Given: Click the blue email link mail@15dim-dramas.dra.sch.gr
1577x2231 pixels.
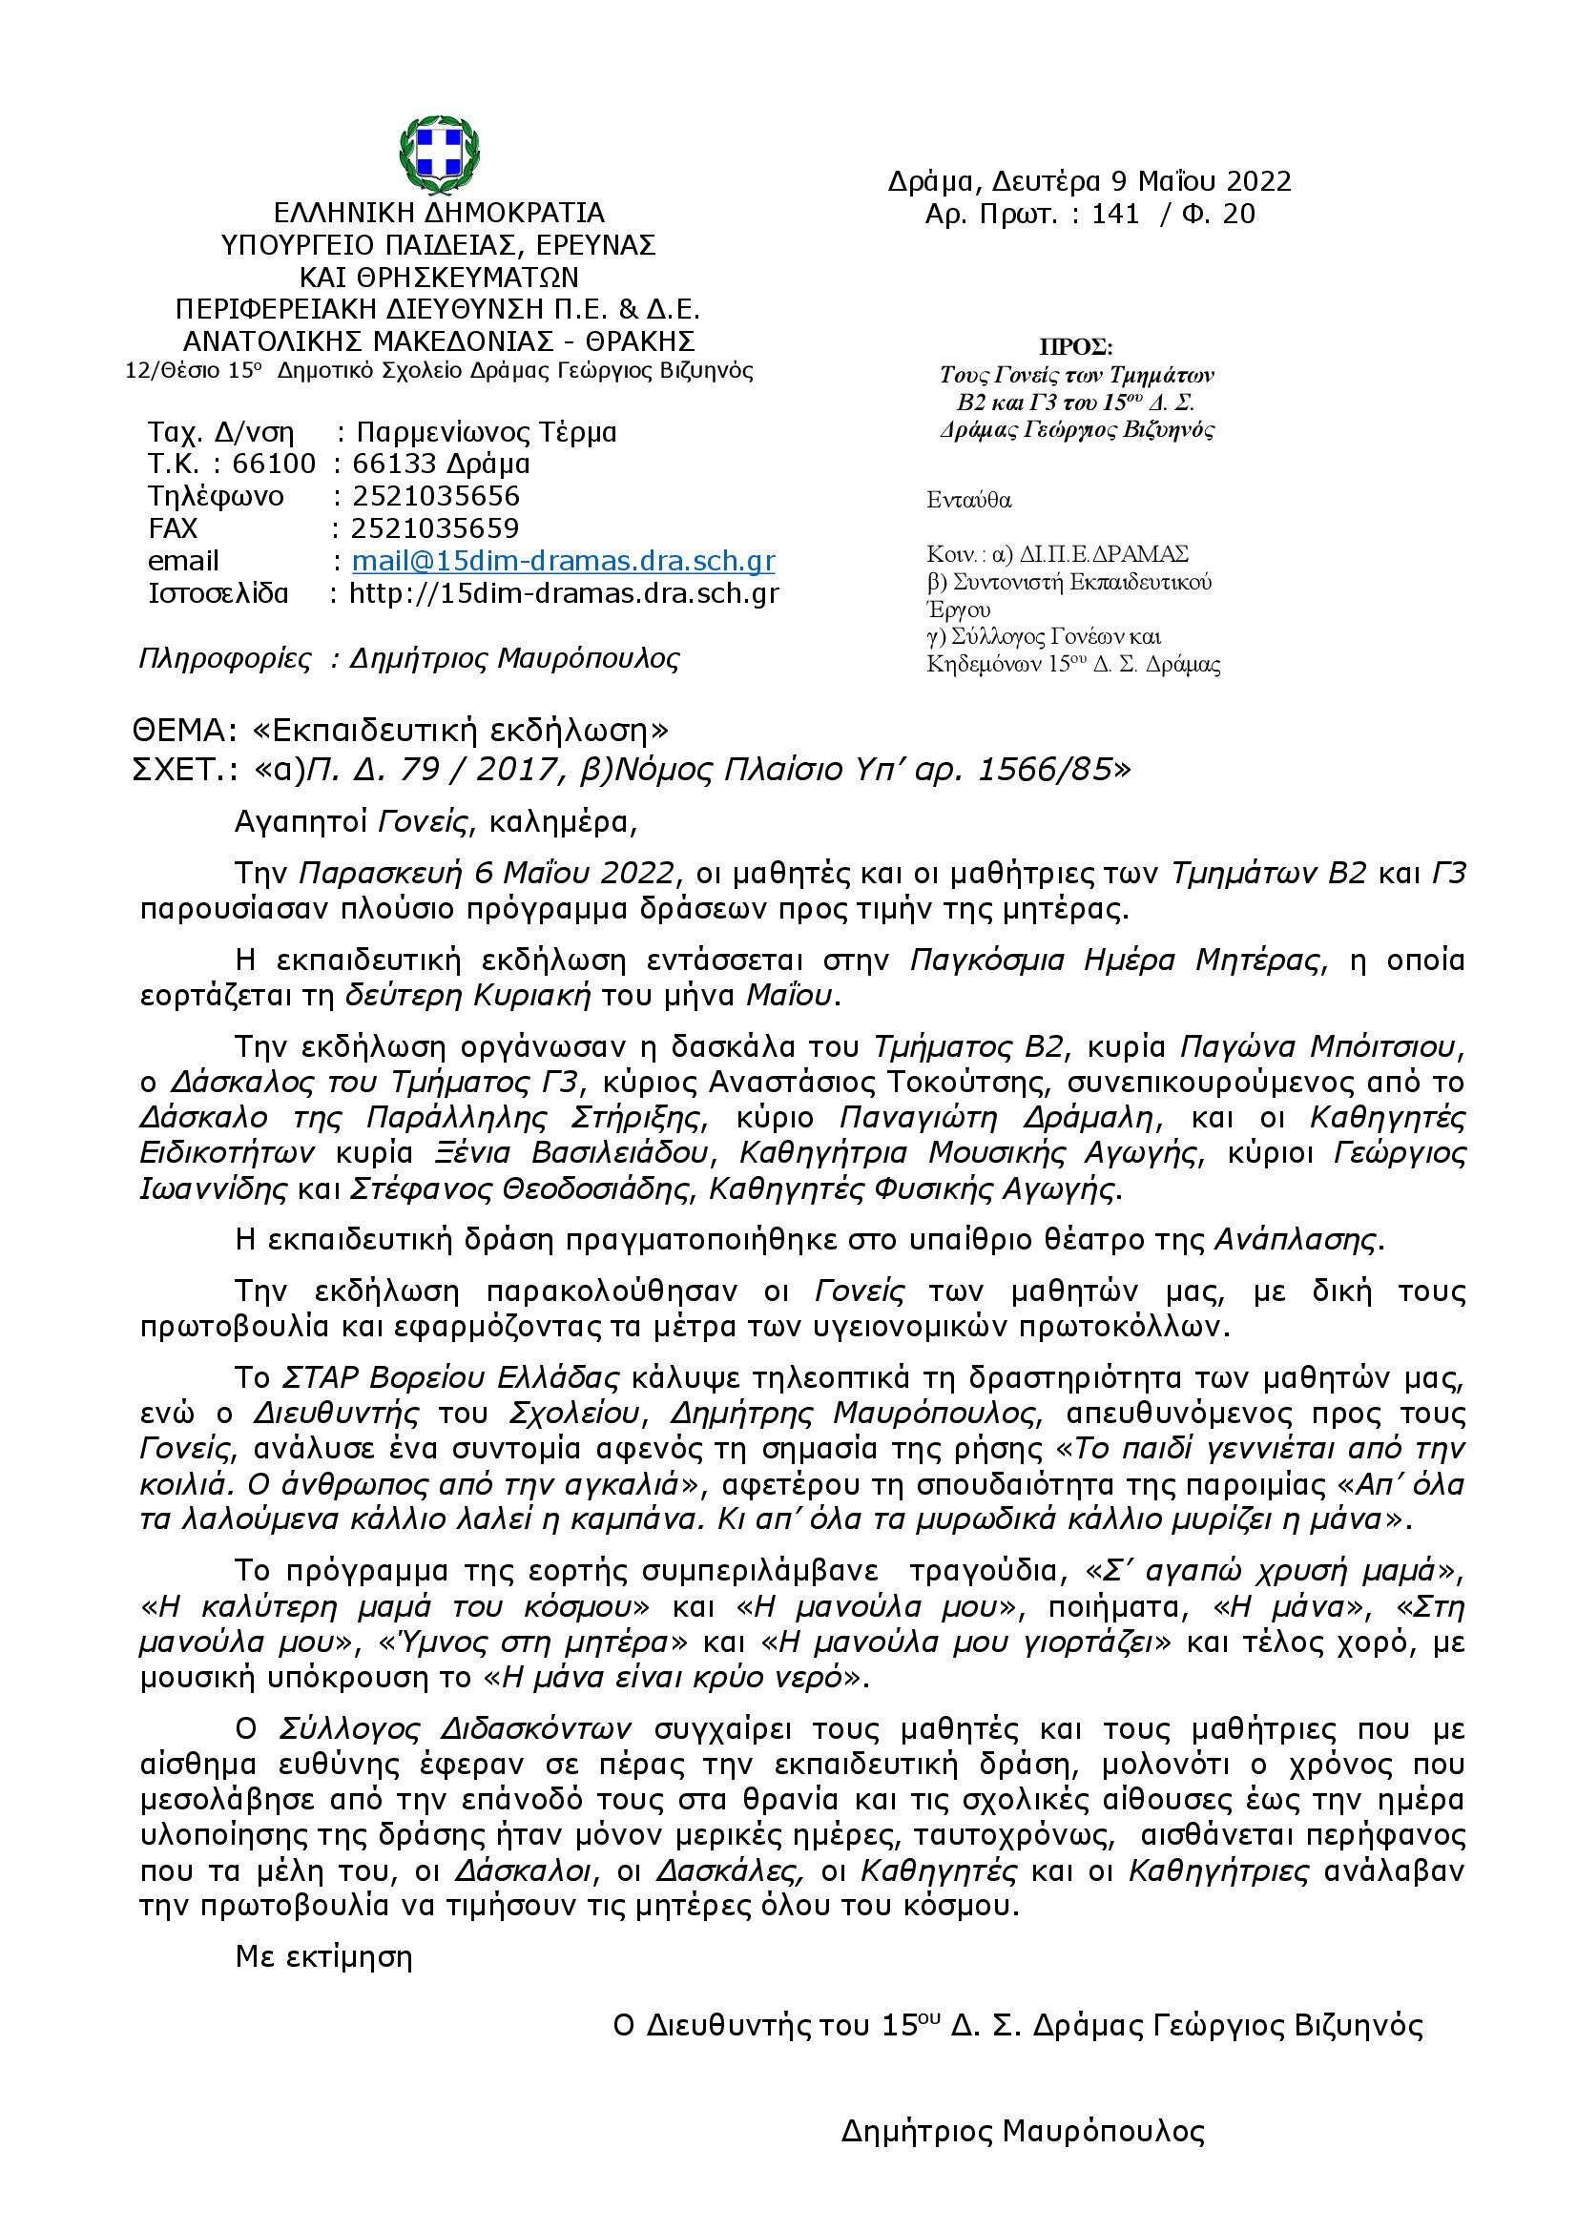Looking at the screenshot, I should click(563, 561).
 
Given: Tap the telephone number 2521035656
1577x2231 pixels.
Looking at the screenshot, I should click(435, 496).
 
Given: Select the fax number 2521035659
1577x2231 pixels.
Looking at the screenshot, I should click(435, 527).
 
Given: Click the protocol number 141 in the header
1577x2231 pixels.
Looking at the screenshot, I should click(1114, 214).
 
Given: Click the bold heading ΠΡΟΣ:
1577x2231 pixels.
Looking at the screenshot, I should click(1075, 347).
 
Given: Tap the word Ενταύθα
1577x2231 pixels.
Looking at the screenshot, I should click(968, 501).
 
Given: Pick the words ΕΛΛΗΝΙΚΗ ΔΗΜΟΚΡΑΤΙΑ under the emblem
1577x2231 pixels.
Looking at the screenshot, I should click(439, 212).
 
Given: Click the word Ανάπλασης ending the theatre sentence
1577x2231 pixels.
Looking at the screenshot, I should click(1297, 1240).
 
